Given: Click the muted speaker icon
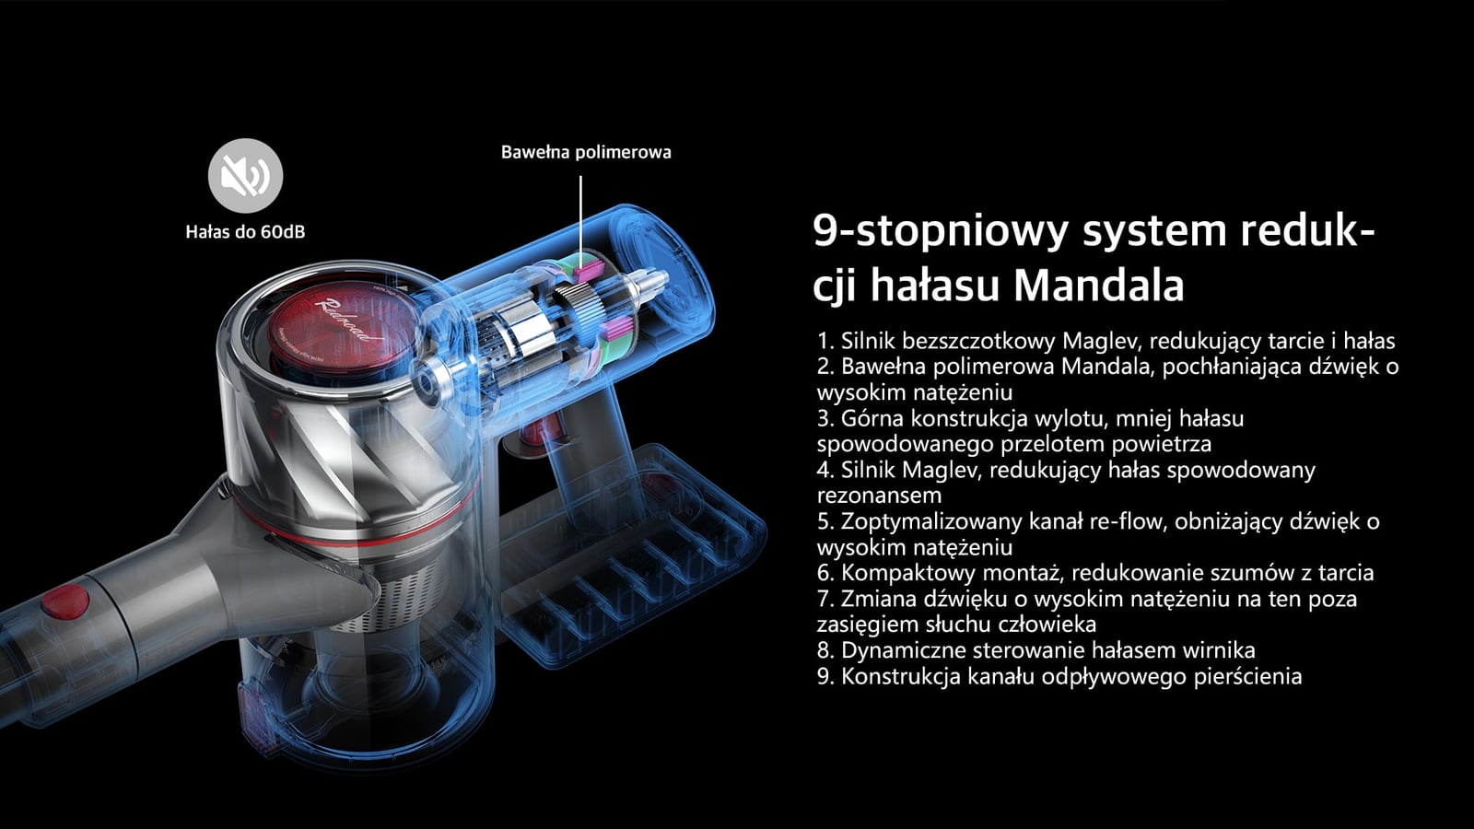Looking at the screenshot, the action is point(245,176).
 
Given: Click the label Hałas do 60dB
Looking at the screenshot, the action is point(245,232).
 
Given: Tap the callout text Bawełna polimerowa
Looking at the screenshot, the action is point(586,152).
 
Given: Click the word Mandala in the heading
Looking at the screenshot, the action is point(1098,285).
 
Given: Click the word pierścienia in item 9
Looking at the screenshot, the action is point(1248,676).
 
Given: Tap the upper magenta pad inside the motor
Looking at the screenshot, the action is point(589,267).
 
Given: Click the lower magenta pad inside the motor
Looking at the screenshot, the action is point(619,327).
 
